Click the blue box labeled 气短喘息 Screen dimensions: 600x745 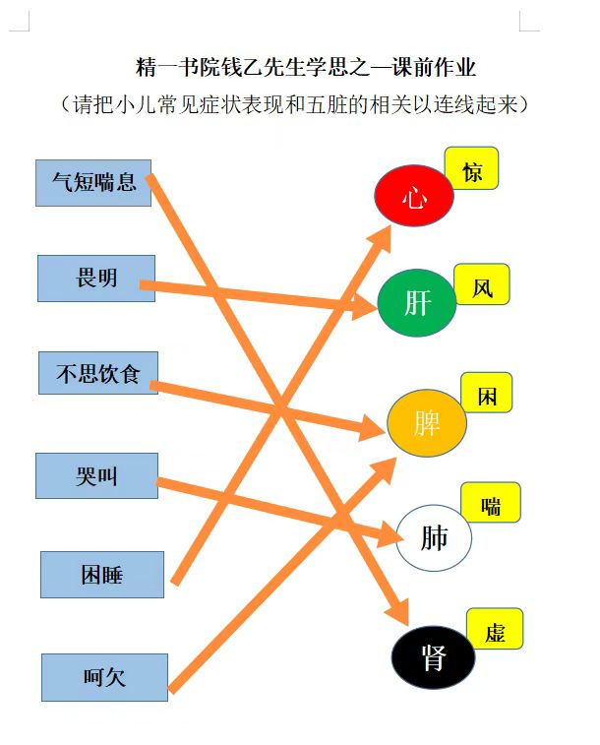point(93,183)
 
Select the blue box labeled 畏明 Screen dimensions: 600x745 point(96,279)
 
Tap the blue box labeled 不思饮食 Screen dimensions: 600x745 point(98,373)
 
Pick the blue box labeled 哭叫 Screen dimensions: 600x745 point(96,475)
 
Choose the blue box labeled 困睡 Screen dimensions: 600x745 point(102,575)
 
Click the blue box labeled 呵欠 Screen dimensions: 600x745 point(104,677)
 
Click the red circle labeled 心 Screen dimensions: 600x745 point(414,195)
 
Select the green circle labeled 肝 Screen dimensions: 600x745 point(417,303)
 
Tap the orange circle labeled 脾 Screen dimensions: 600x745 point(427,423)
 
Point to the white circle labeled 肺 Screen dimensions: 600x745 point(434,537)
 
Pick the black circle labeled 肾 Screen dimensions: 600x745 point(433,657)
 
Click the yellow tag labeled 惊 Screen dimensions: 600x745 point(471,168)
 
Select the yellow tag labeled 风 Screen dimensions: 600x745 point(482,284)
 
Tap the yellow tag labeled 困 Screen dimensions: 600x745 point(487,393)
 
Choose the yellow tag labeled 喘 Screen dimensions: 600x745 point(491,502)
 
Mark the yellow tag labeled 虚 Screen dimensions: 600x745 point(495,629)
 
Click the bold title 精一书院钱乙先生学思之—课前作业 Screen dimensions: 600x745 point(306,67)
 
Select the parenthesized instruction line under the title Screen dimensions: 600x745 point(294,104)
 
